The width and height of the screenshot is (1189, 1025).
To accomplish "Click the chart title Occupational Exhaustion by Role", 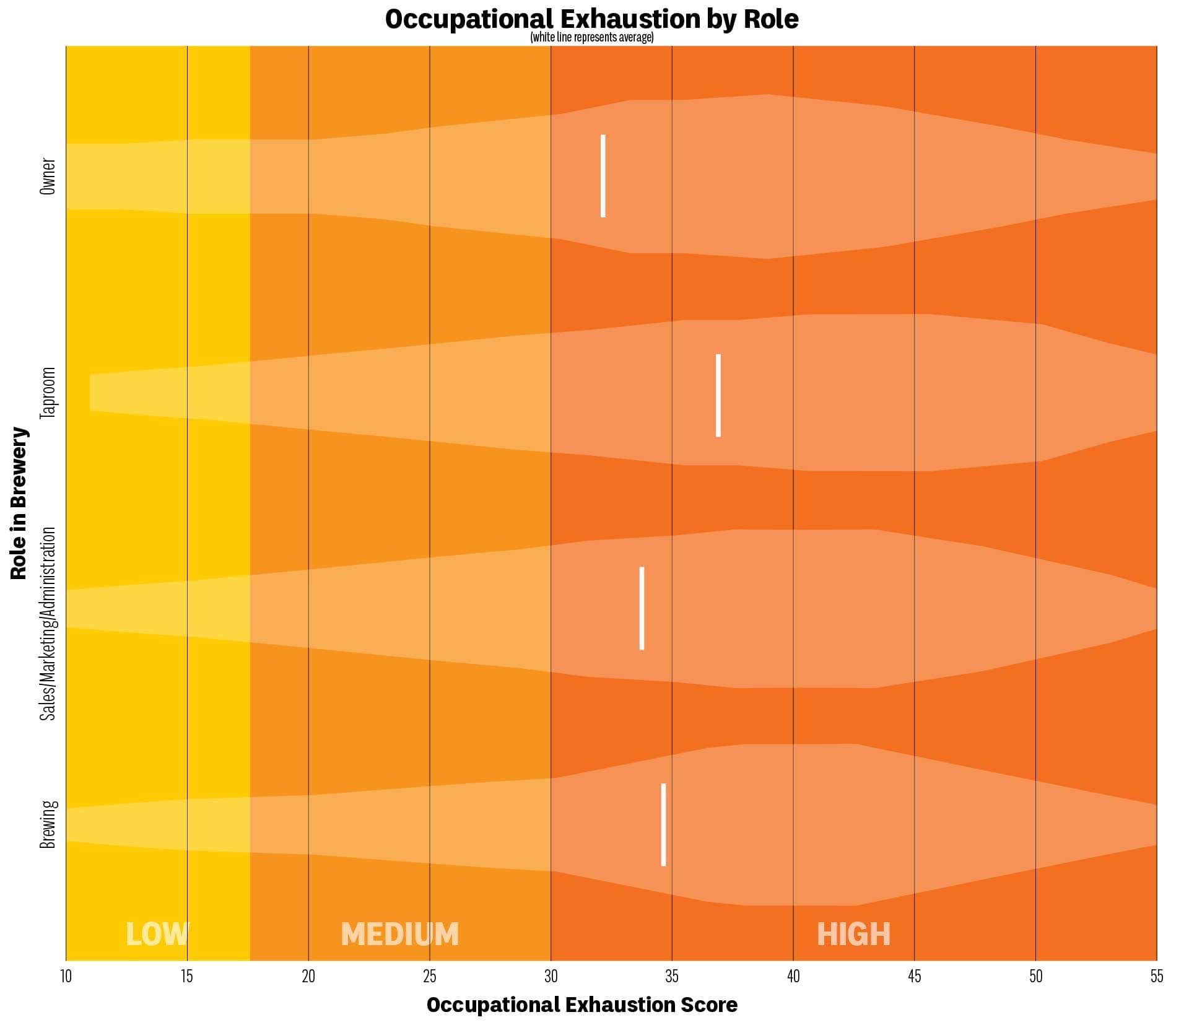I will pos(591,19).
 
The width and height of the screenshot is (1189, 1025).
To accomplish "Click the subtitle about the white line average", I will pos(591,38).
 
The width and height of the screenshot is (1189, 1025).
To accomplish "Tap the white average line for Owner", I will pos(603,176).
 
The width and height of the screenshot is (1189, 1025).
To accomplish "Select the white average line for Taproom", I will pos(718,395).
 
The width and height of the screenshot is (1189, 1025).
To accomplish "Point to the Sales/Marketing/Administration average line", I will pos(642,608).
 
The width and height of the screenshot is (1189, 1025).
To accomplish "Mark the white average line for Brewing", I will pos(663,824).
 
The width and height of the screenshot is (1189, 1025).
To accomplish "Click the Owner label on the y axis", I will pos(48,177).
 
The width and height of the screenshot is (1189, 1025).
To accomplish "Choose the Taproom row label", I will pos(48,393).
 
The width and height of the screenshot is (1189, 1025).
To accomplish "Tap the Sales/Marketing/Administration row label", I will pos(48,624).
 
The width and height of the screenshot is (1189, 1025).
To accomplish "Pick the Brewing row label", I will pos(48,824).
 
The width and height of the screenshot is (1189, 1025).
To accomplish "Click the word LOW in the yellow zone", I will pos(157,934).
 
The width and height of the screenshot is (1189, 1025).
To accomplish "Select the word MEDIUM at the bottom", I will pos(399,934).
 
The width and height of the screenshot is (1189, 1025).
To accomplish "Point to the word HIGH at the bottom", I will pos(853,934).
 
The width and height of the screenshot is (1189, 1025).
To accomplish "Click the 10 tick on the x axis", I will pos(66,977).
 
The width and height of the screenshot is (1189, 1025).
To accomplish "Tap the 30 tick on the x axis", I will pos(551,977).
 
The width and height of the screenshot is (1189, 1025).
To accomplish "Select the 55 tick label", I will pos(1156,977).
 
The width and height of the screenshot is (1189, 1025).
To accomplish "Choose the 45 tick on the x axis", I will pos(914,977).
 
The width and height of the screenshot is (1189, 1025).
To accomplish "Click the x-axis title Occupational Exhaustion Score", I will pos(582,1005).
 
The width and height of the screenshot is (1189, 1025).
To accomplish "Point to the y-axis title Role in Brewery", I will pos(19,503).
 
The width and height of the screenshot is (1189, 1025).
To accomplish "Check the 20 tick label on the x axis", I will pos(308,977).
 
